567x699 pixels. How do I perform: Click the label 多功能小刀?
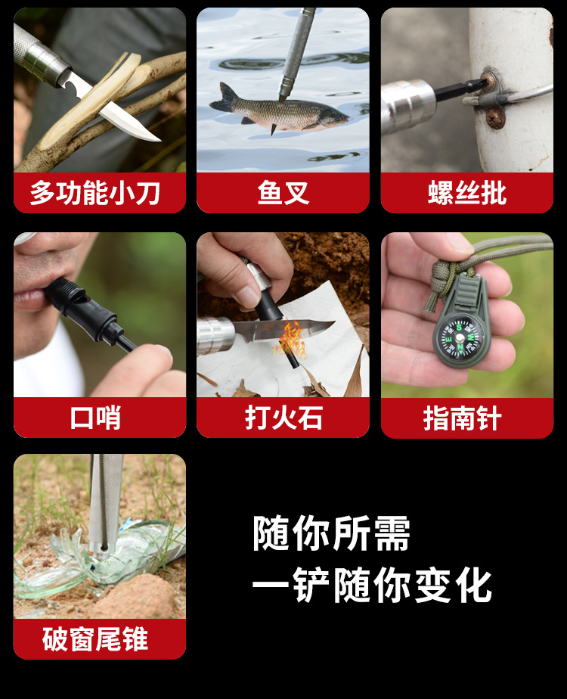pyautogui.click(x=94, y=193)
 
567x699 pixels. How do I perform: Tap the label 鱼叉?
pyautogui.click(x=283, y=193)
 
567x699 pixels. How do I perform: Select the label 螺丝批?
pyautogui.click(x=467, y=193)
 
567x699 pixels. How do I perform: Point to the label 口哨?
pyautogui.click(x=95, y=418)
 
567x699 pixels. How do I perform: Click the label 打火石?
pyautogui.click(x=283, y=418)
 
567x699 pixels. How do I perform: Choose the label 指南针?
pyautogui.click(x=463, y=418)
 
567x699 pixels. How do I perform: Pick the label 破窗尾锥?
pyautogui.click(x=94, y=638)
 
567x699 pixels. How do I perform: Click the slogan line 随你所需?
pyautogui.click(x=331, y=533)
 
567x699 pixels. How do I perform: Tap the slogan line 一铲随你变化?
pyautogui.click(x=372, y=585)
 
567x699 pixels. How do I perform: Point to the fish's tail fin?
pyautogui.click(x=224, y=98)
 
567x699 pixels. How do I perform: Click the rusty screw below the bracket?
pyautogui.click(x=495, y=118)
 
